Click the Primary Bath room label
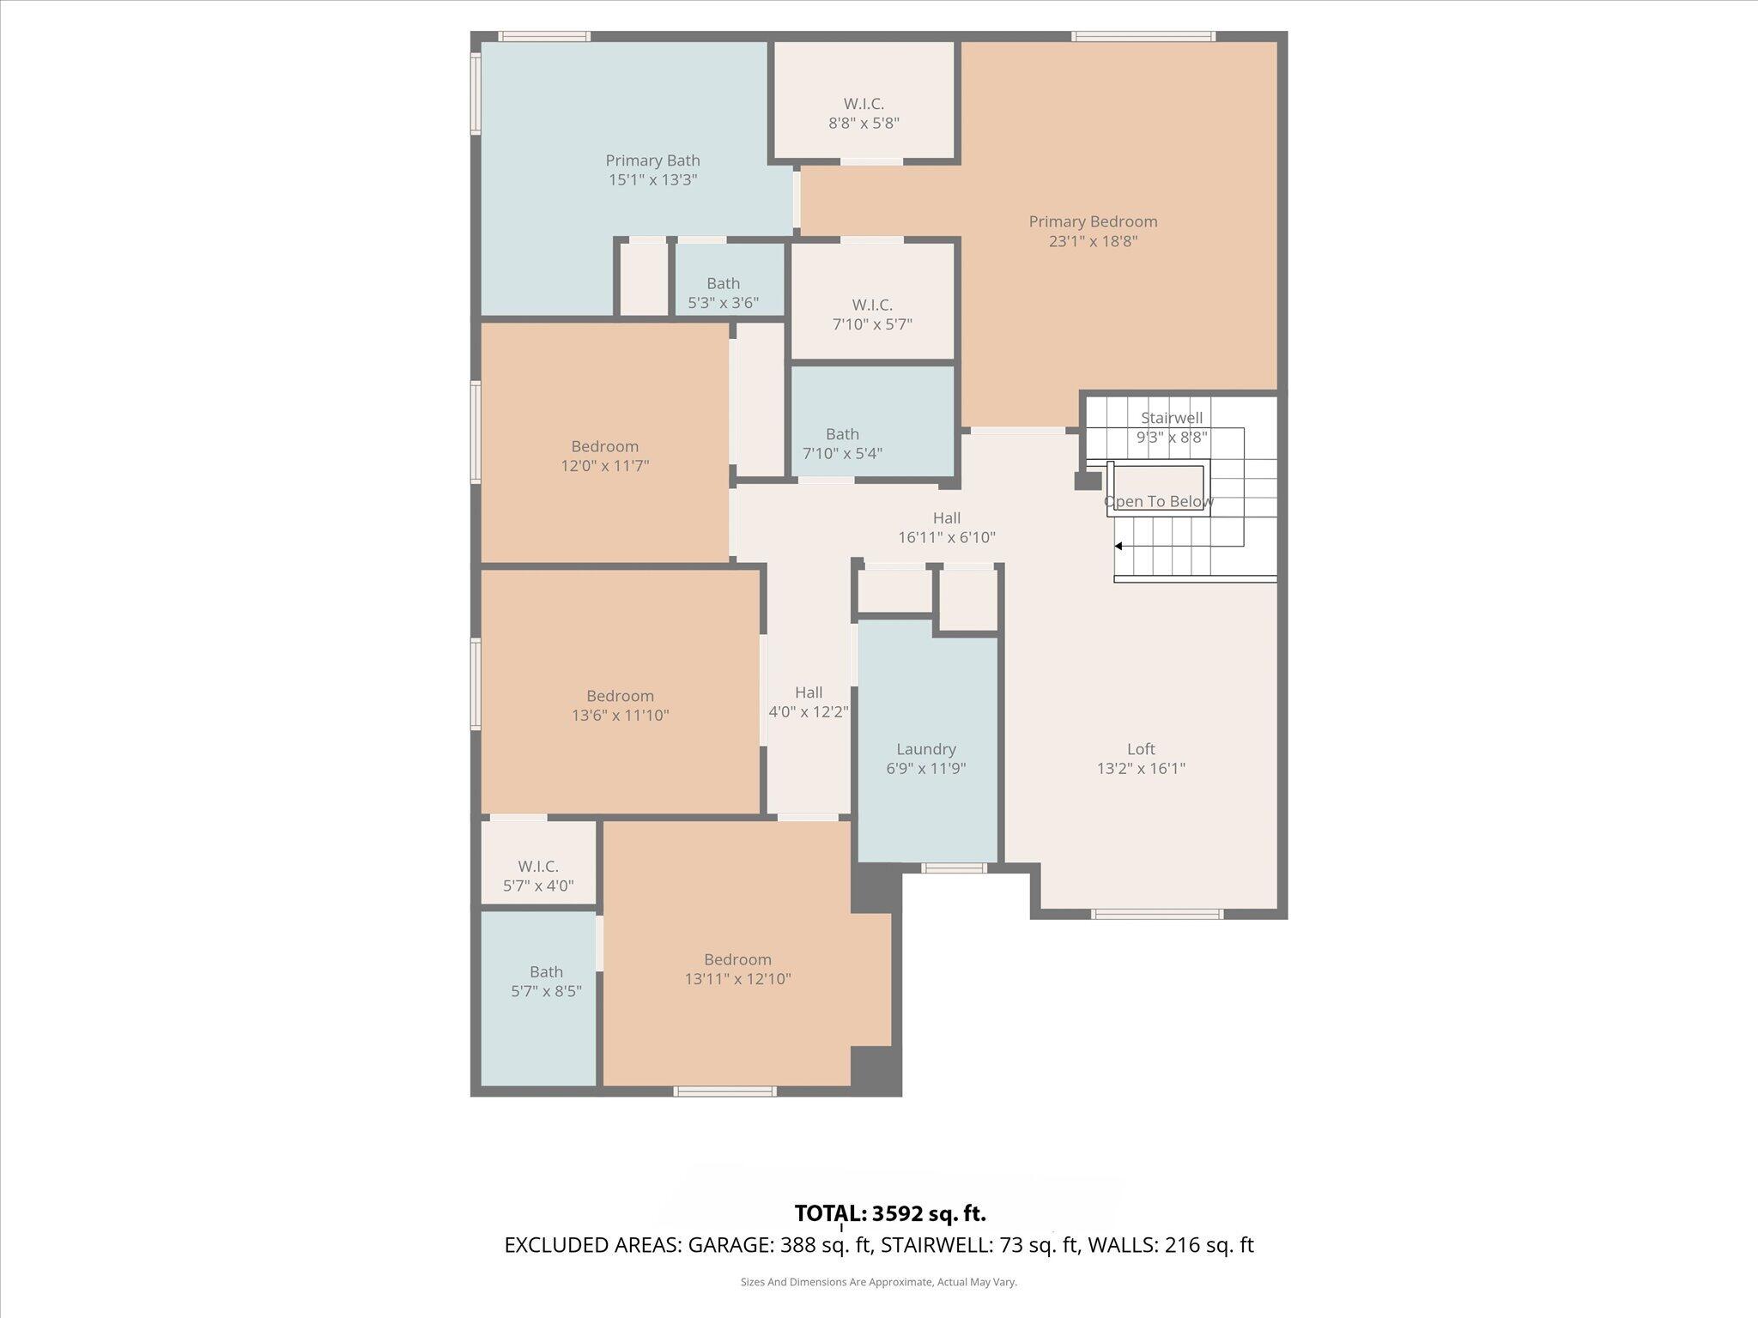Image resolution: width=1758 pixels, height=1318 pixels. tap(652, 160)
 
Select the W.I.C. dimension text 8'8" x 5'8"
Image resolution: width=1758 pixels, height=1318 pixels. tap(864, 123)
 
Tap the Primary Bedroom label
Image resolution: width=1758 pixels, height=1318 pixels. tap(1093, 221)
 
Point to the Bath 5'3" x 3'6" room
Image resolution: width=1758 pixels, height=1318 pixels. tap(723, 293)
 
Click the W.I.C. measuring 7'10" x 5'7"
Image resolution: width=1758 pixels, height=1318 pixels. tap(872, 314)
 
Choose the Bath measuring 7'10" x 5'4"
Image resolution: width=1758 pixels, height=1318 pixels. tap(842, 443)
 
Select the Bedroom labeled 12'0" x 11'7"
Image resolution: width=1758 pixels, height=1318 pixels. tap(604, 456)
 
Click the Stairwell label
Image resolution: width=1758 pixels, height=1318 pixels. tap(1171, 418)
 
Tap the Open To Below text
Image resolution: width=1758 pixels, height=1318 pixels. tap(1158, 501)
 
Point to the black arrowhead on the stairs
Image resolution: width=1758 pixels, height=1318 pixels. tap(1118, 546)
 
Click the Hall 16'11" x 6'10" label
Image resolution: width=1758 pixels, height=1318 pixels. tap(946, 527)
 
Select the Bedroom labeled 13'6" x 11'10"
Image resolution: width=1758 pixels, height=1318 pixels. tap(620, 705)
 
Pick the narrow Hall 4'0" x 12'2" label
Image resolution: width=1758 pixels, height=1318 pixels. tap(808, 701)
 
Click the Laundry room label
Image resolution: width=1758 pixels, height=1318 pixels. tap(925, 749)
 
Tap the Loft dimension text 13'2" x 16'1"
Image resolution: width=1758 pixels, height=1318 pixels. tap(1141, 768)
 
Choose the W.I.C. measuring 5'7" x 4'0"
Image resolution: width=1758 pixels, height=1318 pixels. tap(537, 875)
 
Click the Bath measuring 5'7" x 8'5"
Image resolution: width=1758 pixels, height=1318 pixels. tap(546, 981)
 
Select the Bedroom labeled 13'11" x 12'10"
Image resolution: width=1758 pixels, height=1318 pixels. tap(737, 969)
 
